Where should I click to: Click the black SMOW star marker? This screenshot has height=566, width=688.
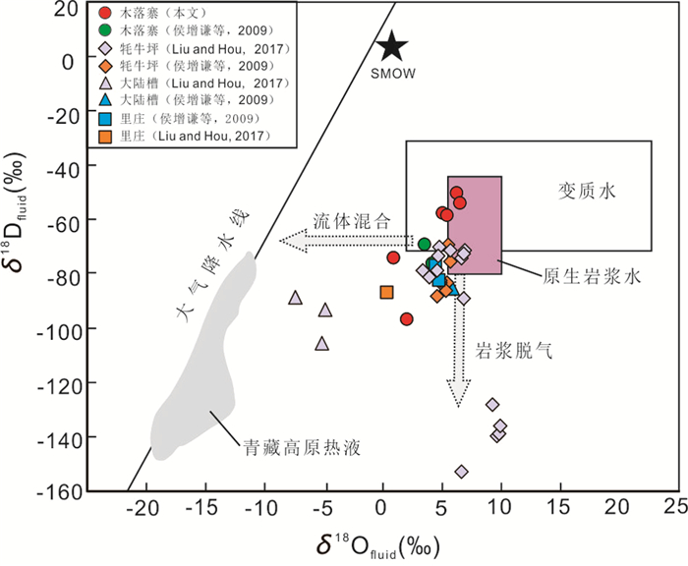coord(391,45)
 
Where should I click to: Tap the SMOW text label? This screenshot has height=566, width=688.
coord(393,73)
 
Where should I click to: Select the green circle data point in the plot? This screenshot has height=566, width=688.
coord(425,245)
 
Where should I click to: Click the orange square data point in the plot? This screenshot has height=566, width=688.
coord(387,292)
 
